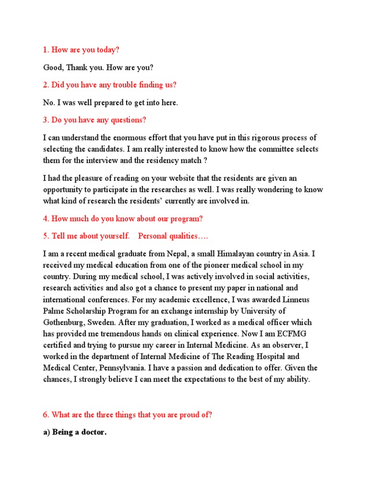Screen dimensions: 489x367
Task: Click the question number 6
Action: click(46, 415)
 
